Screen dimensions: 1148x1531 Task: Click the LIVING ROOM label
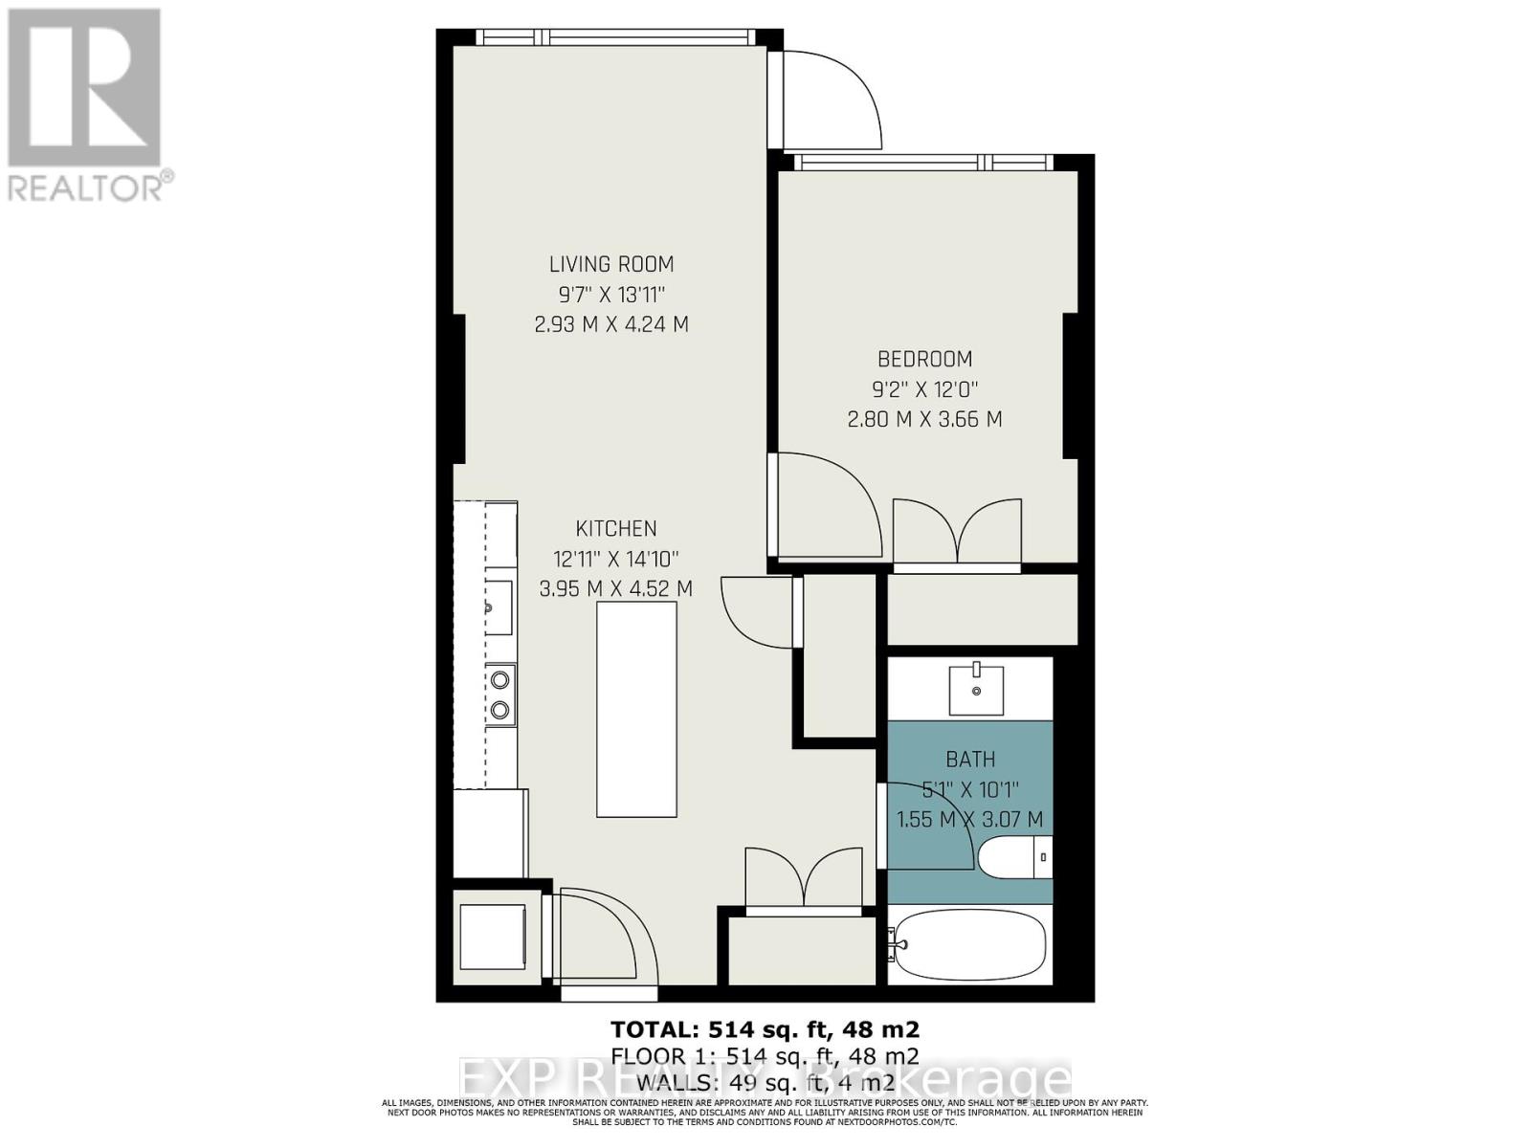point(610,264)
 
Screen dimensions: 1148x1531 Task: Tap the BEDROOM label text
point(924,359)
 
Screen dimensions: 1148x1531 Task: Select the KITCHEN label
point(615,528)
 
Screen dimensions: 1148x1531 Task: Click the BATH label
point(970,760)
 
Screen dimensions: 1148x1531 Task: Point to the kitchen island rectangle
point(636,709)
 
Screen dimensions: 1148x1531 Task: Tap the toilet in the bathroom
point(1014,856)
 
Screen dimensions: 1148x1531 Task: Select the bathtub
point(968,945)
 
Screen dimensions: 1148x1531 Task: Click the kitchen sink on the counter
point(498,607)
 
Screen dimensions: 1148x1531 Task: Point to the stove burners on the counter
point(499,695)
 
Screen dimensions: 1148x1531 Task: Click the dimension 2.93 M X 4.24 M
point(610,324)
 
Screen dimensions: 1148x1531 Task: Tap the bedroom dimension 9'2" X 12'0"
point(924,389)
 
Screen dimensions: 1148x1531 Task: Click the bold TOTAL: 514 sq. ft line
point(765,1029)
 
